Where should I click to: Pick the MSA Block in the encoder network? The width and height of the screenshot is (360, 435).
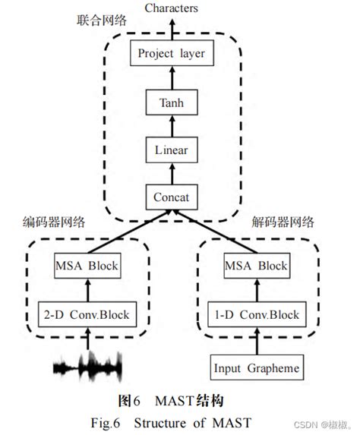86,266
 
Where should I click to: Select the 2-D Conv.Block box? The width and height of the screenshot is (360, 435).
86,314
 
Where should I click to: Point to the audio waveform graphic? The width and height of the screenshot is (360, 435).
86,368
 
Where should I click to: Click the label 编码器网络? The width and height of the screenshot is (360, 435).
54,222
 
